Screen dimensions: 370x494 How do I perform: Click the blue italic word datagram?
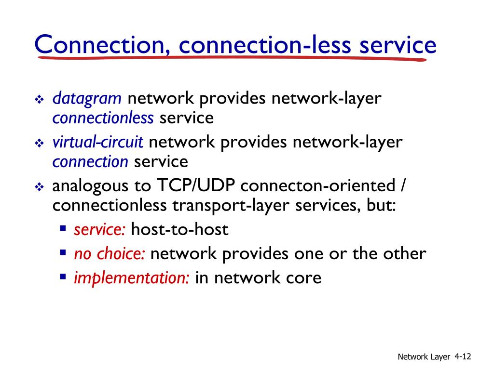pos(87,99)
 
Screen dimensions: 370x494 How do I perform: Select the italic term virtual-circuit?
pos(98,143)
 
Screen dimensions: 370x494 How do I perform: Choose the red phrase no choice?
pos(110,254)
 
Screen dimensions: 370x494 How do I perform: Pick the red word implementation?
pos(131,278)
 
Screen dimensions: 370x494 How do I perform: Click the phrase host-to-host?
pos(179,230)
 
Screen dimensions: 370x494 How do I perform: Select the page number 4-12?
pos(462,357)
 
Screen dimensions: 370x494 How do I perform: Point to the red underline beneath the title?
pos(232,58)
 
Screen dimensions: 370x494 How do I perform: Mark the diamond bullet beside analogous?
pos(40,187)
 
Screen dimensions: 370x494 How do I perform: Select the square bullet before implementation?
pos(63,277)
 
